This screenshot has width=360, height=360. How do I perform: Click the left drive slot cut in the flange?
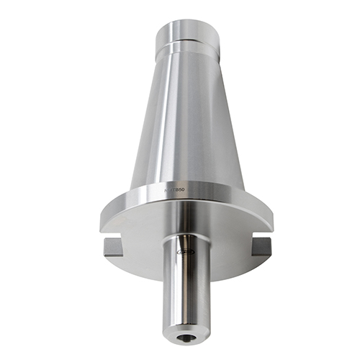pyautogui.click(x=114, y=246)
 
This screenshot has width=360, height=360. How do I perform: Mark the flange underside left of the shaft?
pyautogui.click(x=140, y=230)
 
